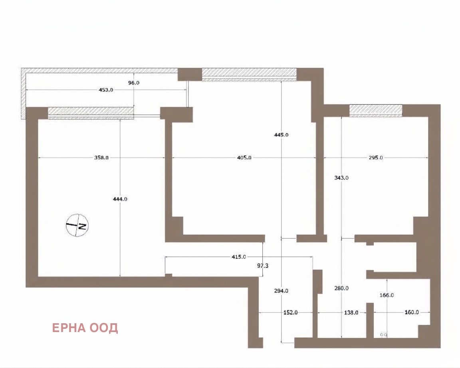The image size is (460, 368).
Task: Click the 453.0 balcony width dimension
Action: click(x=105, y=90)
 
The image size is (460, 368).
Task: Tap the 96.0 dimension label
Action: click(x=134, y=83)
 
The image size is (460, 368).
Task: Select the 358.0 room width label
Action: click(x=101, y=157)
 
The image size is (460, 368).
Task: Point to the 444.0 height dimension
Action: click(x=120, y=199)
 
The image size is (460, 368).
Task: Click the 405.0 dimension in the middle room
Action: click(x=244, y=157)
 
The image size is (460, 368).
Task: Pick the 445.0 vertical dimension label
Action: click(x=281, y=135)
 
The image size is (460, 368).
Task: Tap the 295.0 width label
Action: click(x=376, y=157)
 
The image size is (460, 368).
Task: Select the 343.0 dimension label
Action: click(x=341, y=177)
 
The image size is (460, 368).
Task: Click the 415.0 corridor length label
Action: click(x=239, y=257)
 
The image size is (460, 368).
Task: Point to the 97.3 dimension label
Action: click(x=263, y=266)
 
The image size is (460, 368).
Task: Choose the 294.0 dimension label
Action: click(x=281, y=291)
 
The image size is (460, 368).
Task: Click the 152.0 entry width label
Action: click(x=290, y=312)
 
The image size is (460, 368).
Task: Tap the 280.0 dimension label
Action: click(x=341, y=288)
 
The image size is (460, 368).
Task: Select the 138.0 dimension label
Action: click(x=351, y=312)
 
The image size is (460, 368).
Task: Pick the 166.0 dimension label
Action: click(x=387, y=295)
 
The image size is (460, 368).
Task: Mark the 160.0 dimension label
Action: click(x=412, y=312)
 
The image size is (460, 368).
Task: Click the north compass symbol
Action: click(x=77, y=225)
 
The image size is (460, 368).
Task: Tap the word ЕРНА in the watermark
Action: click(x=69, y=328)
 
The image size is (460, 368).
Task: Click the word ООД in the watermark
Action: click(x=104, y=328)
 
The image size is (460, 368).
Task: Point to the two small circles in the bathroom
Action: click(x=384, y=334)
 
